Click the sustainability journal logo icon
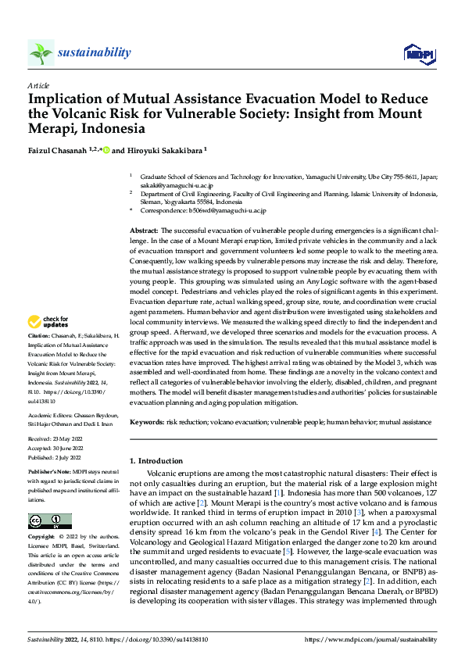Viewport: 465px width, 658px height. tap(41, 52)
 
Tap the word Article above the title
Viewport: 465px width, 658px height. tap(38, 84)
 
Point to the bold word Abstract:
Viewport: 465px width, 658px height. tap(144, 231)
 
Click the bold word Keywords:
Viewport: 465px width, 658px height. tap(148, 422)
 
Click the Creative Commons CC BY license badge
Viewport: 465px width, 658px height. tap(49, 521)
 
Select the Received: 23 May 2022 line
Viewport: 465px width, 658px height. tap(56, 439)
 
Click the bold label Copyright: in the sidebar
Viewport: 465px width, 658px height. tap(43, 538)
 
